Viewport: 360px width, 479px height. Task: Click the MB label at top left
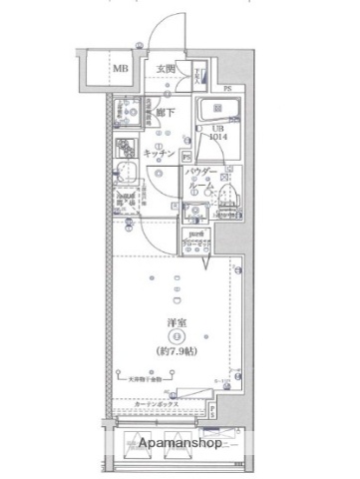[120, 69]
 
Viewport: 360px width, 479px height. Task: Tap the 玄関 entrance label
[167, 69]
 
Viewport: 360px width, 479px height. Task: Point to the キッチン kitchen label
[160, 154]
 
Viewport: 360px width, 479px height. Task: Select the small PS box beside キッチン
[186, 156]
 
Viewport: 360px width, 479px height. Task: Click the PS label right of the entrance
[227, 91]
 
